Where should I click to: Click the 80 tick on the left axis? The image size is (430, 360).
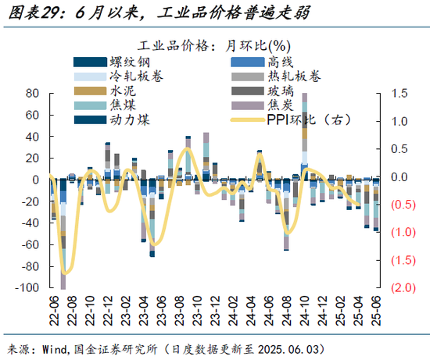coord(33,94)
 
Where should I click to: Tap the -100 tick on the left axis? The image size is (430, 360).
coord(28,288)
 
